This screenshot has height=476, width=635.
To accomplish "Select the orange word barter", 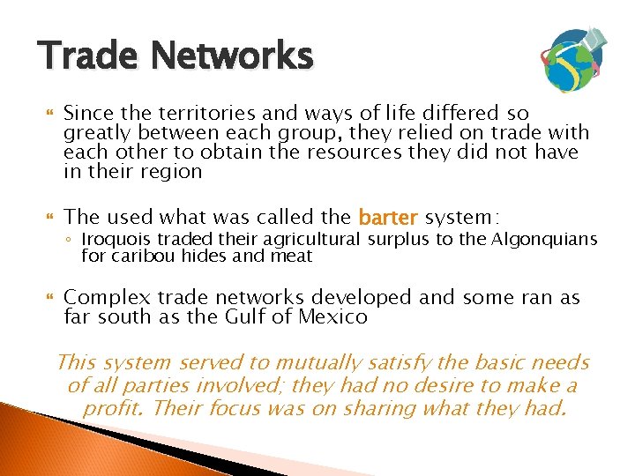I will [389, 217].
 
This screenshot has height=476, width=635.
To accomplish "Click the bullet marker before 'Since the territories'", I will [49, 114].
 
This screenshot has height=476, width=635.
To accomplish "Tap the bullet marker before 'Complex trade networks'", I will [49, 298].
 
